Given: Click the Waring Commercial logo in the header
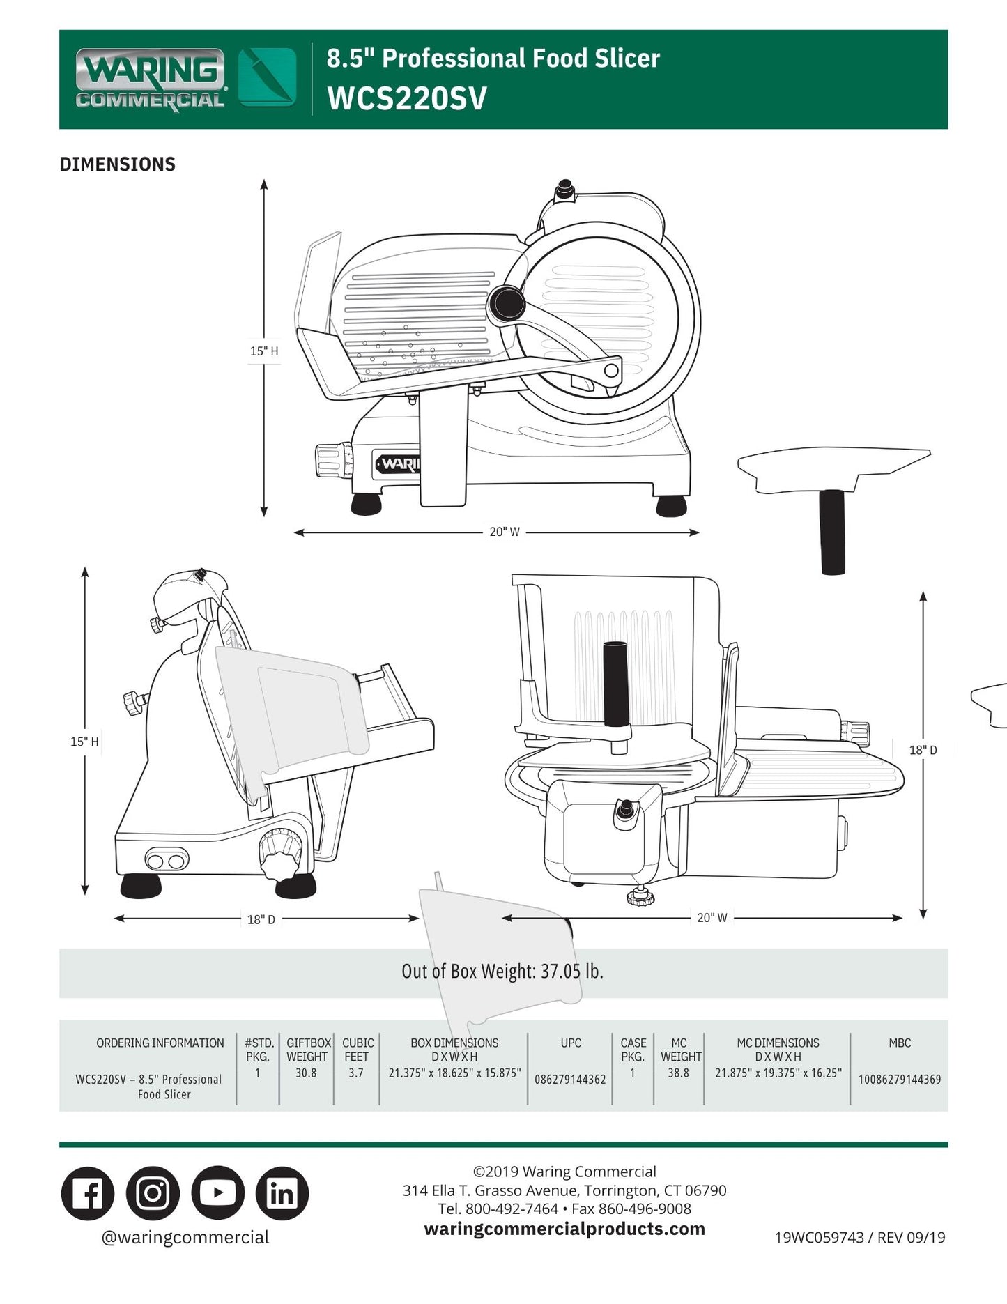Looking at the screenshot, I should coord(151,79).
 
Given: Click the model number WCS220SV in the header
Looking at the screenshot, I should coord(406,98).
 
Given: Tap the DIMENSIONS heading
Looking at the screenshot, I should coord(117,164).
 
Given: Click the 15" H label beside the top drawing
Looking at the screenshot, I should coord(264,351).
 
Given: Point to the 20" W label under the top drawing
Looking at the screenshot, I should coord(504,532).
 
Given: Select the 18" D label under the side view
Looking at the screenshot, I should coord(261,919).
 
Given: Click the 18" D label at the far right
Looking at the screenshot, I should coord(923,750).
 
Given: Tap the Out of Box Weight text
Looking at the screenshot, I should coord(502,971).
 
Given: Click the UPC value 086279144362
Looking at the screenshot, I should coord(570,1079).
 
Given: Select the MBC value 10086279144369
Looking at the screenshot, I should coord(899,1079).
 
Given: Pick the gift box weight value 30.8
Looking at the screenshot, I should coord(306,1073).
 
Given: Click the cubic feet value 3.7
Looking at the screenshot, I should coord(356,1073).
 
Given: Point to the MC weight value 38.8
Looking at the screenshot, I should coord(678,1073).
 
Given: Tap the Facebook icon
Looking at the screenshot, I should coord(88,1192).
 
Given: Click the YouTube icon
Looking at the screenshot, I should coord(217,1192).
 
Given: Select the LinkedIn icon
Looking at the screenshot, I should coord(282,1192).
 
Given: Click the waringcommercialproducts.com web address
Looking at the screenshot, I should coord(564,1229).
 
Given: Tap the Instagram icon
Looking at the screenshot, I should coord(153,1192).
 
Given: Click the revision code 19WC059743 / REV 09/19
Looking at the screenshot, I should coord(859,1237).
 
